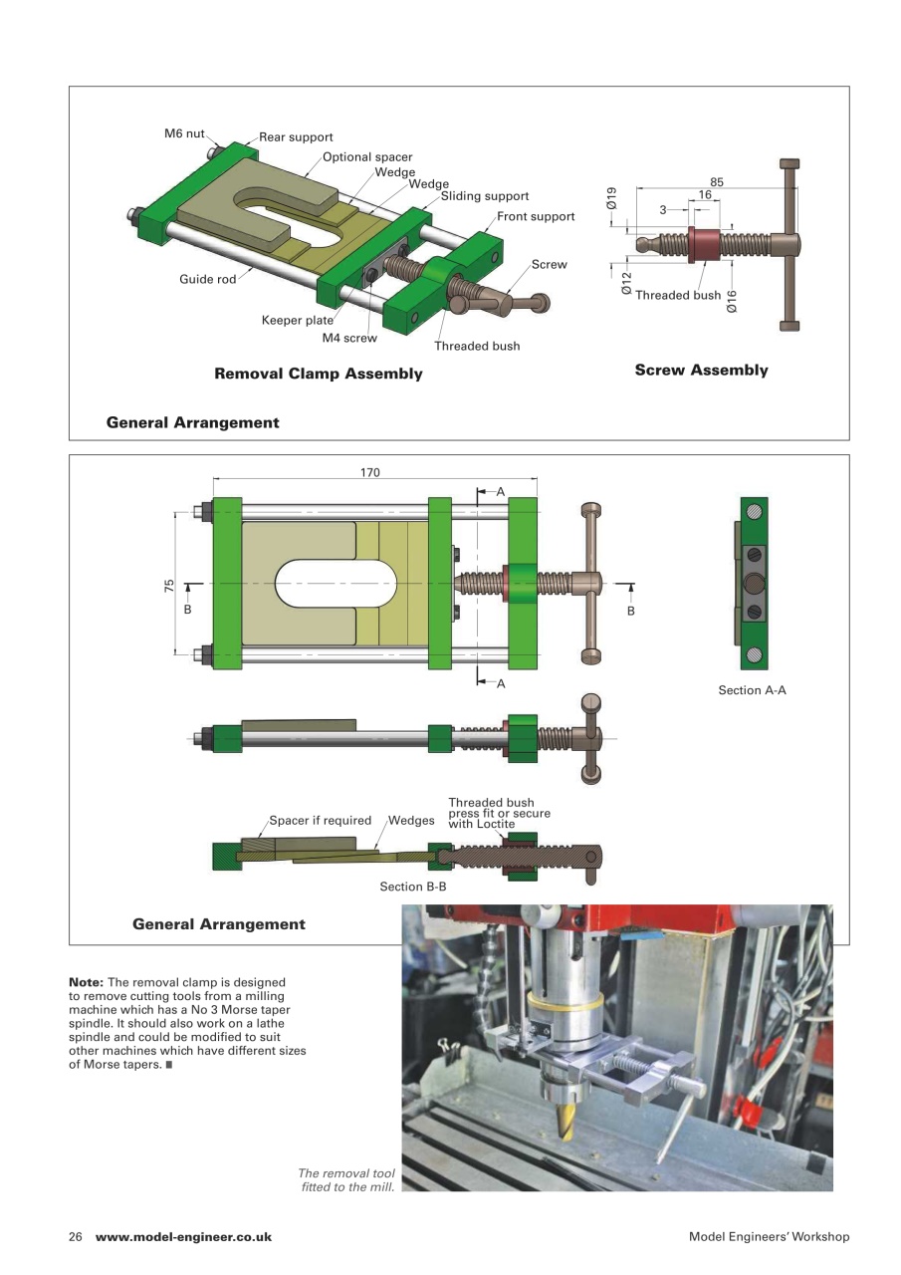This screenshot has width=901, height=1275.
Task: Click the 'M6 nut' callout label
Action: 184,132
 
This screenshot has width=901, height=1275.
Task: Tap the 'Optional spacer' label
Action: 366,156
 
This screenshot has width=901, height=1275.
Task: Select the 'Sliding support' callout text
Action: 484,196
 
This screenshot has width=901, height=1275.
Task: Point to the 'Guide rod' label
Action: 207,279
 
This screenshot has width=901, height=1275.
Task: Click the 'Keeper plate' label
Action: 297,320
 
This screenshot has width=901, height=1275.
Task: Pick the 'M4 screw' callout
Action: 349,338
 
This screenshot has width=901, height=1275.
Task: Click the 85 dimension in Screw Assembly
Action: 717,181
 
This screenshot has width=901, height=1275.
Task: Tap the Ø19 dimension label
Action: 612,197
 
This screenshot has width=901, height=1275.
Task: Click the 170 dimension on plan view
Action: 370,473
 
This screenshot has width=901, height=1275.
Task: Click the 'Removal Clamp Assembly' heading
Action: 319,375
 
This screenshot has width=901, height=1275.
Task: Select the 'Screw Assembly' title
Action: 701,370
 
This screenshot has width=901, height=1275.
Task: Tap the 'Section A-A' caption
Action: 752,689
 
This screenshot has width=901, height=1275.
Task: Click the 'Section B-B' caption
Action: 412,886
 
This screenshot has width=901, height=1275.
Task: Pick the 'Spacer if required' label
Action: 320,821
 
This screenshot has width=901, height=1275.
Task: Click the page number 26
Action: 76,1236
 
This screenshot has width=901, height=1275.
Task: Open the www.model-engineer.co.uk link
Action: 183,1236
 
